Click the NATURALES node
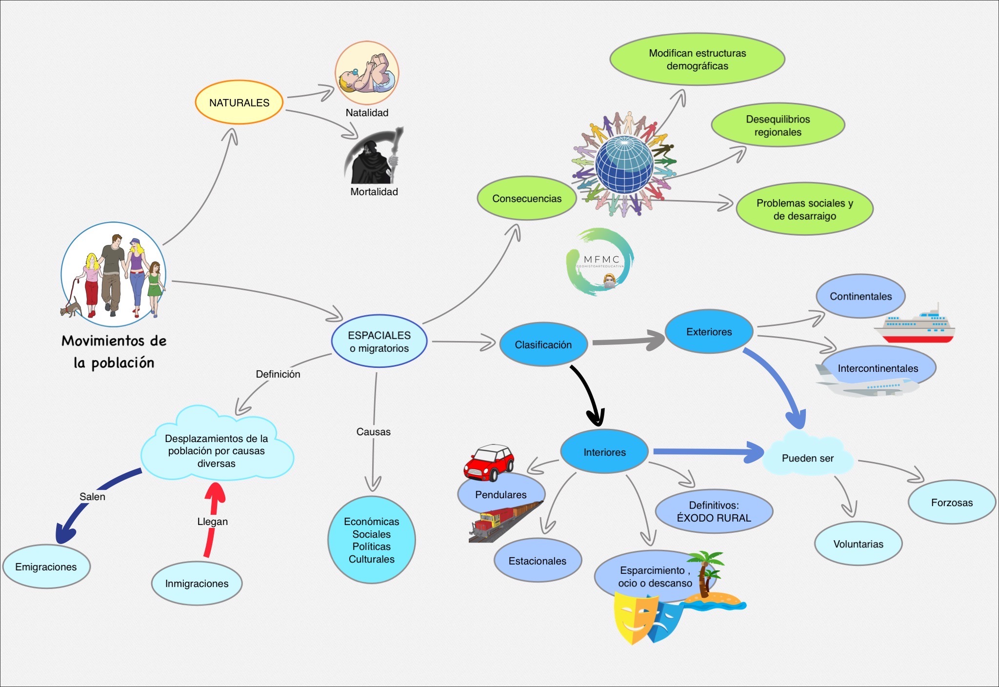239,102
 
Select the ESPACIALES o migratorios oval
379,342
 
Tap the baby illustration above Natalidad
367,73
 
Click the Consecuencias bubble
527,199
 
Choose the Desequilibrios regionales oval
778,125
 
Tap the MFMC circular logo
600,262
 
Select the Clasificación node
543,344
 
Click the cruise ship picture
915,324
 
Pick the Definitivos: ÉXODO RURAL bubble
714,511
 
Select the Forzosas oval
951,503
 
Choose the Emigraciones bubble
46,566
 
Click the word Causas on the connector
373,432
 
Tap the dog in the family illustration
71,309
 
